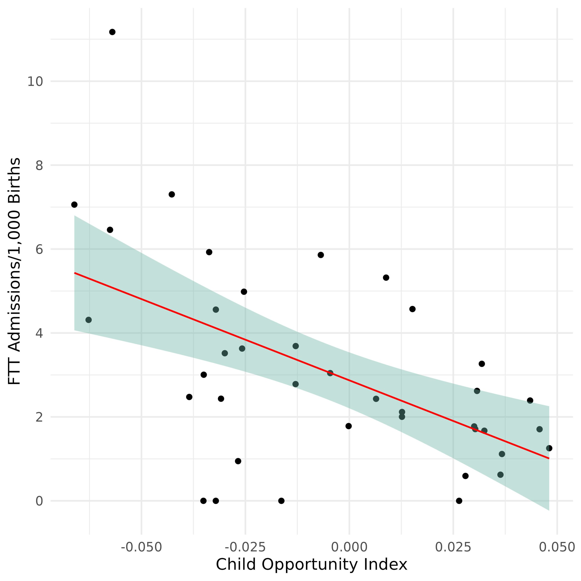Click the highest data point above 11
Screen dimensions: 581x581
pos(112,32)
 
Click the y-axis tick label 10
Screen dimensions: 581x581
pos(35,81)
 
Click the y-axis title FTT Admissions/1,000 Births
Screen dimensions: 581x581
pos(15,271)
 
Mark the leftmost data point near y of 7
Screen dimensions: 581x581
pos(74,204)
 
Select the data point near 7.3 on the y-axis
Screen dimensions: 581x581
pos(172,194)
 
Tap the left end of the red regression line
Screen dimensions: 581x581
pos(75,273)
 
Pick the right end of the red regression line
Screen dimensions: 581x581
pos(549,458)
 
